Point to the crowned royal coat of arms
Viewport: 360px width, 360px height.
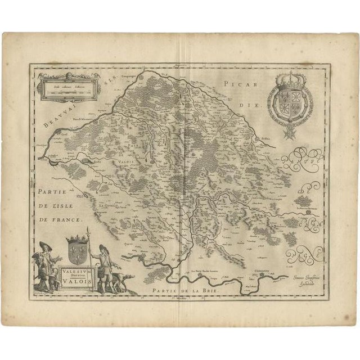click(287, 100)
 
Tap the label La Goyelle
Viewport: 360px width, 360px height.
click(108, 205)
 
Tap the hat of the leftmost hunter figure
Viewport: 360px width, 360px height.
click(43, 244)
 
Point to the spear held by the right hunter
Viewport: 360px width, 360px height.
click(88, 247)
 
